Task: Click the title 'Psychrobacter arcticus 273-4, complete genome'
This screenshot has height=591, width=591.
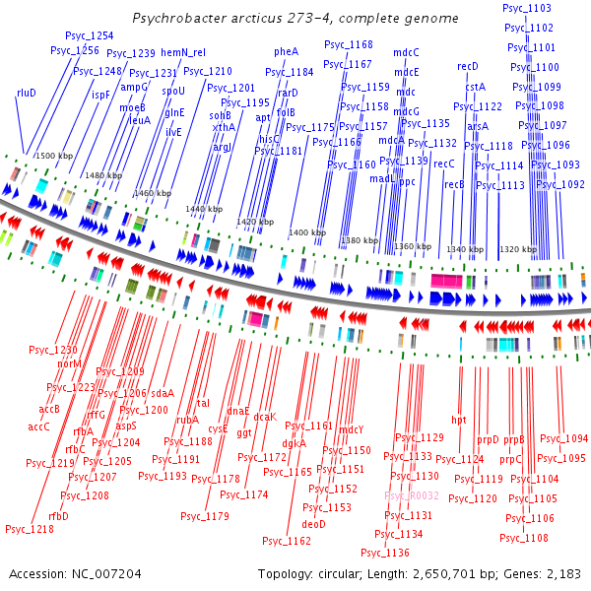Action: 295,19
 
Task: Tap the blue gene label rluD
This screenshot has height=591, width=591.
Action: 26,93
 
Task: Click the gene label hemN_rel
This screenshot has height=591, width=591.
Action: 182,53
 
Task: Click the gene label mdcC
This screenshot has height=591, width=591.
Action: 406,52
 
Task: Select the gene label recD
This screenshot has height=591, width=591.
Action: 468,66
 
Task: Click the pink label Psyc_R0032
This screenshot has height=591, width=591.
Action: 412,495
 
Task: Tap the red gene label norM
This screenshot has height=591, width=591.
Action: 69,363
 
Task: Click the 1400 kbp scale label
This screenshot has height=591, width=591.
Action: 306,232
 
